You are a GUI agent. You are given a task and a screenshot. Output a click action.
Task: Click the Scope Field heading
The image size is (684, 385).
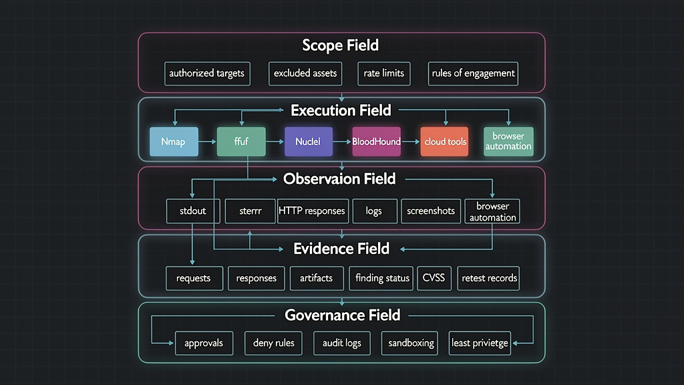point(341,45)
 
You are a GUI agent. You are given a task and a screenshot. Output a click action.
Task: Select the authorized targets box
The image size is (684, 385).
point(207,74)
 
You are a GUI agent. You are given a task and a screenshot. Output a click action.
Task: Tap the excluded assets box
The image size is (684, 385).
point(305,74)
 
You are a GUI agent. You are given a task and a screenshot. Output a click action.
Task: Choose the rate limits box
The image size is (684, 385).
point(384,74)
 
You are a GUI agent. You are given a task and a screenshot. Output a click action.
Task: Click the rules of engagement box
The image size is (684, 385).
point(474,74)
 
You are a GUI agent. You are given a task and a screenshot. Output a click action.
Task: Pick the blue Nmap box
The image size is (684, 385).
point(173,142)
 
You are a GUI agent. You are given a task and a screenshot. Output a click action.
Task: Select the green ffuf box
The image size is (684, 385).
point(241,142)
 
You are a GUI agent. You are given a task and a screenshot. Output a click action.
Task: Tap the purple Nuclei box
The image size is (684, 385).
point(308,142)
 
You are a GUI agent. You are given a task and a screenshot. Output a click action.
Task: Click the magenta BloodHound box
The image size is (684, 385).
point(377,142)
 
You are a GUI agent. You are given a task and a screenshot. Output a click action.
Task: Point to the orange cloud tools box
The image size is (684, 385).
point(444,142)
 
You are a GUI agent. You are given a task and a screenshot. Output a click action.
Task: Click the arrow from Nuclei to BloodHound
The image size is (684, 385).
point(341,142)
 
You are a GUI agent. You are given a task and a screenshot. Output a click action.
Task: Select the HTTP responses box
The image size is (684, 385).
point(312,211)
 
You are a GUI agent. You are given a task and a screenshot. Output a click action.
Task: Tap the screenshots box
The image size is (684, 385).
point(431,211)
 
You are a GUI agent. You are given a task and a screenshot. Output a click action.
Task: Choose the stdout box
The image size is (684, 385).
point(193,211)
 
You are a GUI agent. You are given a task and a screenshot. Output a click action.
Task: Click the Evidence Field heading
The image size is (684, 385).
point(341,249)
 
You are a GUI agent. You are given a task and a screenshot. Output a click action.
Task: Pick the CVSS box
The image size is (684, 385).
point(434,278)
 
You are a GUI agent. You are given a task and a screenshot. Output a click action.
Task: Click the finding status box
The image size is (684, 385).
point(383,278)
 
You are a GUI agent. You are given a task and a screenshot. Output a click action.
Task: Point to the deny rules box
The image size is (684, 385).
point(274,343)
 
